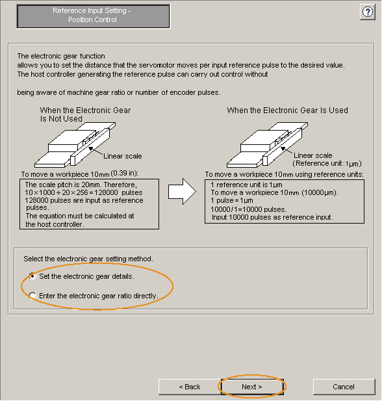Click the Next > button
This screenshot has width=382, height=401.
pos(252,387)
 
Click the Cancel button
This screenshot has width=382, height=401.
pos(344,387)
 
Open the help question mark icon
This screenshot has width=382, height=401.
pos(368,12)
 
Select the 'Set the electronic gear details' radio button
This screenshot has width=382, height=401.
pos(32,276)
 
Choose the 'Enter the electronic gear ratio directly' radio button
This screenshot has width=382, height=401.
pos(32,296)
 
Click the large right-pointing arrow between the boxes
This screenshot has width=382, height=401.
pos(182,191)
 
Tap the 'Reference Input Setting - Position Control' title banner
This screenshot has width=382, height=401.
pos(94,16)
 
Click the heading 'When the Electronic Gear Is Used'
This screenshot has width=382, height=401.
pos(287,110)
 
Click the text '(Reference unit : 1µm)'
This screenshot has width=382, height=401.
pos(327,163)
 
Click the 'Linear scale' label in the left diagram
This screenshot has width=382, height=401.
pos(123,156)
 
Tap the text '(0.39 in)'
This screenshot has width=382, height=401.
pos(124,173)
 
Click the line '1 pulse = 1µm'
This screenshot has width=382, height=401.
pos(232,200)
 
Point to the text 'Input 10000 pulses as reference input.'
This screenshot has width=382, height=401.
pos(272,217)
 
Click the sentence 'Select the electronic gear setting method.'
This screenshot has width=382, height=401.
pos(88,259)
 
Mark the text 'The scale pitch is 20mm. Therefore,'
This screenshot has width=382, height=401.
pos(81,185)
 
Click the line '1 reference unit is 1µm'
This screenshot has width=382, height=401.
pos(246,185)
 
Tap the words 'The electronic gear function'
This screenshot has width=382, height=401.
pos(61,56)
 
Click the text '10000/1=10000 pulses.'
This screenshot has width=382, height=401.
pos(249,209)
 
